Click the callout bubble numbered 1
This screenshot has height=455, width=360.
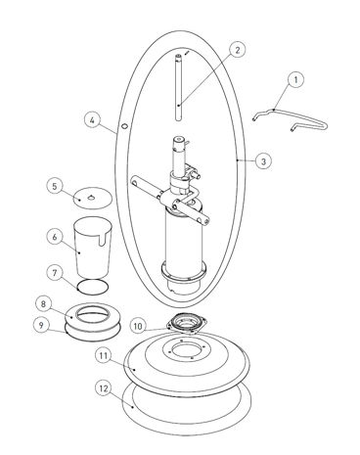(x=295, y=79)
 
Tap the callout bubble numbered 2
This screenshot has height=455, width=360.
(x=237, y=50)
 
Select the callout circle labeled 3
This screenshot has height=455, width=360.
(x=263, y=160)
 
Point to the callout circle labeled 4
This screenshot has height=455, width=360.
(x=93, y=120)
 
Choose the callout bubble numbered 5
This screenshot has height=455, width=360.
(x=55, y=186)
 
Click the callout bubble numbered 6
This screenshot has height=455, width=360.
(x=55, y=237)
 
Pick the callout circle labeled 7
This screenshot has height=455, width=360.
(x=55, y=273)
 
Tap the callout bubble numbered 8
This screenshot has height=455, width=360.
(x=43, y=304)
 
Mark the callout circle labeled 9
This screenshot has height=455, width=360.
(x=41, y=325)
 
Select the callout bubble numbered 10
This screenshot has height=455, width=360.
(x=138, y=326)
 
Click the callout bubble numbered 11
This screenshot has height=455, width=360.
(x=104, y=355)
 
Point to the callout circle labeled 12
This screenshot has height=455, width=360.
(x=104, y=388)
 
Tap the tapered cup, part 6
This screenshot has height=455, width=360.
(x=93, y=247)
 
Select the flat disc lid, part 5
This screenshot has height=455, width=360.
(x=92, y=198)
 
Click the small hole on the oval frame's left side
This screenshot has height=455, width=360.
(x=124, y=126)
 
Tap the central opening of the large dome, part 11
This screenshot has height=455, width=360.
(x=187, y=351)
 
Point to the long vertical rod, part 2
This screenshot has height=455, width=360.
(x=178, y=87)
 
